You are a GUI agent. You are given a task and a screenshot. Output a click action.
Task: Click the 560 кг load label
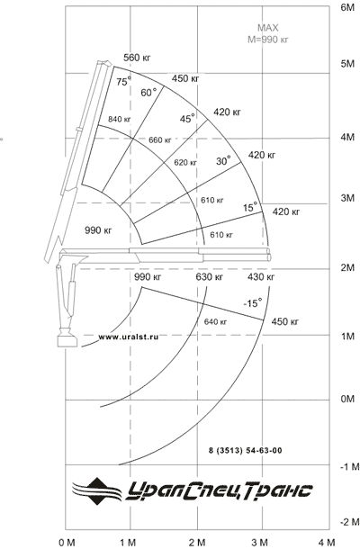pyautogui.click(x=137, y=58)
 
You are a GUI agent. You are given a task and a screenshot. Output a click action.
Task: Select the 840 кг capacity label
pyautogui.click(x=119, y=119)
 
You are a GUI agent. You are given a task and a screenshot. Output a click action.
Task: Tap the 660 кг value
pyautogui.click(x=159, y=140)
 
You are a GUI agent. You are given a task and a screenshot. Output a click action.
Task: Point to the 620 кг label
pyautogui.click(x=185, y=163)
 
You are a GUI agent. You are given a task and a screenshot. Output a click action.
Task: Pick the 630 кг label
pyautogui.click(x=209, y=277)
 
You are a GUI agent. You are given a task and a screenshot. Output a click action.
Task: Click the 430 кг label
pyautogui.click(x=261, y=277)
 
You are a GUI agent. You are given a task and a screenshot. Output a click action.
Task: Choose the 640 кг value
pyautogui.click(x=215, y=321)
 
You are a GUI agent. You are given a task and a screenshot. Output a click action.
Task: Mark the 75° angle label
pyautogui.click(x=124, y=81)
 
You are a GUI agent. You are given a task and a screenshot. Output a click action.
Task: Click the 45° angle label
pyautogui.click(x=187, y=118)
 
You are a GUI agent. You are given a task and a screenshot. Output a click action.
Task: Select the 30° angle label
pyautogui.click(x=223, y=161)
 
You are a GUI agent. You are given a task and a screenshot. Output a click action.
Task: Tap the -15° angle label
pyautogui.click(x=253, y=303)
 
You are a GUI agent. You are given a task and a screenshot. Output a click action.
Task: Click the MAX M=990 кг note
pyautogui.click(x=268, y=33)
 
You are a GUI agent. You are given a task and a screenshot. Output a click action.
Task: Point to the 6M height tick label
pyautogui.click(x=347, y=8)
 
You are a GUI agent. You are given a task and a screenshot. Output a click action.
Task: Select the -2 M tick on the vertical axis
pyautogui.click(x=349, y=522)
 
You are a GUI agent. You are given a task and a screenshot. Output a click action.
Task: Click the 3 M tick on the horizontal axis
pyautogui.click(x=260, y=543)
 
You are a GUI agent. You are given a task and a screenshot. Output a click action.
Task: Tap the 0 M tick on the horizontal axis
pyautogui.click(x=67, y=543)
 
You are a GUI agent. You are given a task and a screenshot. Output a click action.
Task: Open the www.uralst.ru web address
pyautogui.click(x=128, y=337)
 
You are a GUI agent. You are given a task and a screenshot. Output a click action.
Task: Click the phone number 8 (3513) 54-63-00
pyautogui.click(x=245, y=450)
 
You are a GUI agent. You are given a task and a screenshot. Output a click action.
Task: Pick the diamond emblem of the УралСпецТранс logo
pyautogui.click(x=97, y=491)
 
